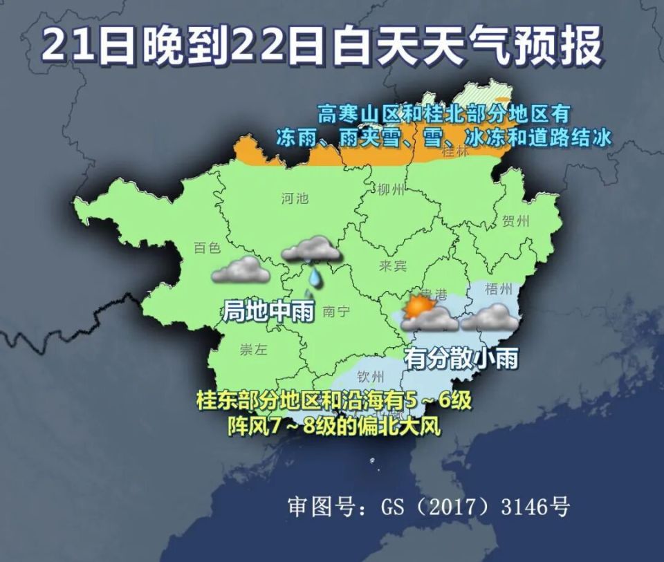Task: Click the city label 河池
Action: (295, 199)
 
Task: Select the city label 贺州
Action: (515, 221)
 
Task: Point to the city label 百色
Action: (207, 247)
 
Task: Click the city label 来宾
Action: (393, 265)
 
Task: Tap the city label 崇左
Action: (253, 349)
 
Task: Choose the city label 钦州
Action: (370, 377)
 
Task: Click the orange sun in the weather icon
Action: (418, 306)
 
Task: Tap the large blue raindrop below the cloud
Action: (315, 277)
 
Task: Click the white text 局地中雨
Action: (268, 311)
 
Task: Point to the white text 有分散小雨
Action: (461, 358)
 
